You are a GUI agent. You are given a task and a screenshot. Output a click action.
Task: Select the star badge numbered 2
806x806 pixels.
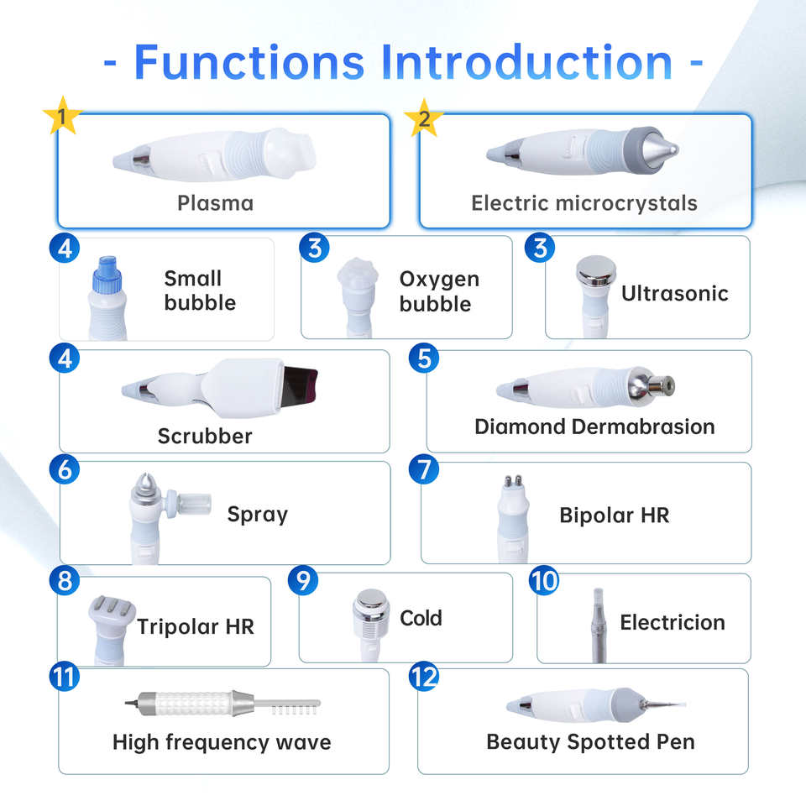(424, 118)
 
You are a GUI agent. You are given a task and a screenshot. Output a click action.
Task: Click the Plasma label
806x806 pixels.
(215, 202)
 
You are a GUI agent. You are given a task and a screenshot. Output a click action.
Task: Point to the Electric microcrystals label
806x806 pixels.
(584, 202)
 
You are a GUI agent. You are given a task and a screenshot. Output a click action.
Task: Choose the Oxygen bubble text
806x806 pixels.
(439, 290)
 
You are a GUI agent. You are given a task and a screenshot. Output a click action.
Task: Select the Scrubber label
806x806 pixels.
(205, 436)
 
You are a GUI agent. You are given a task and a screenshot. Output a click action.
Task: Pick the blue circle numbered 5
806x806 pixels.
(425, 359)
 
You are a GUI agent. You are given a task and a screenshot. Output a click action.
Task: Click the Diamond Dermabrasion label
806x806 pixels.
(594, 426)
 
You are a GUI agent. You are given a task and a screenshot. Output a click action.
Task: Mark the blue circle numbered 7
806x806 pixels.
(424, 469)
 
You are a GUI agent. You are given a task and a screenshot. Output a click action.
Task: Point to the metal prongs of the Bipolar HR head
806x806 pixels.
(506, 484)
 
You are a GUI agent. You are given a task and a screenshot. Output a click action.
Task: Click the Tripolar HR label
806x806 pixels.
(196, 626)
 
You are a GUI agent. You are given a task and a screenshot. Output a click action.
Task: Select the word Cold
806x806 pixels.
(421, 619)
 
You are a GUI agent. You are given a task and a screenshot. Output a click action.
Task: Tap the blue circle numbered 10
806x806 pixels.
(544, 580)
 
